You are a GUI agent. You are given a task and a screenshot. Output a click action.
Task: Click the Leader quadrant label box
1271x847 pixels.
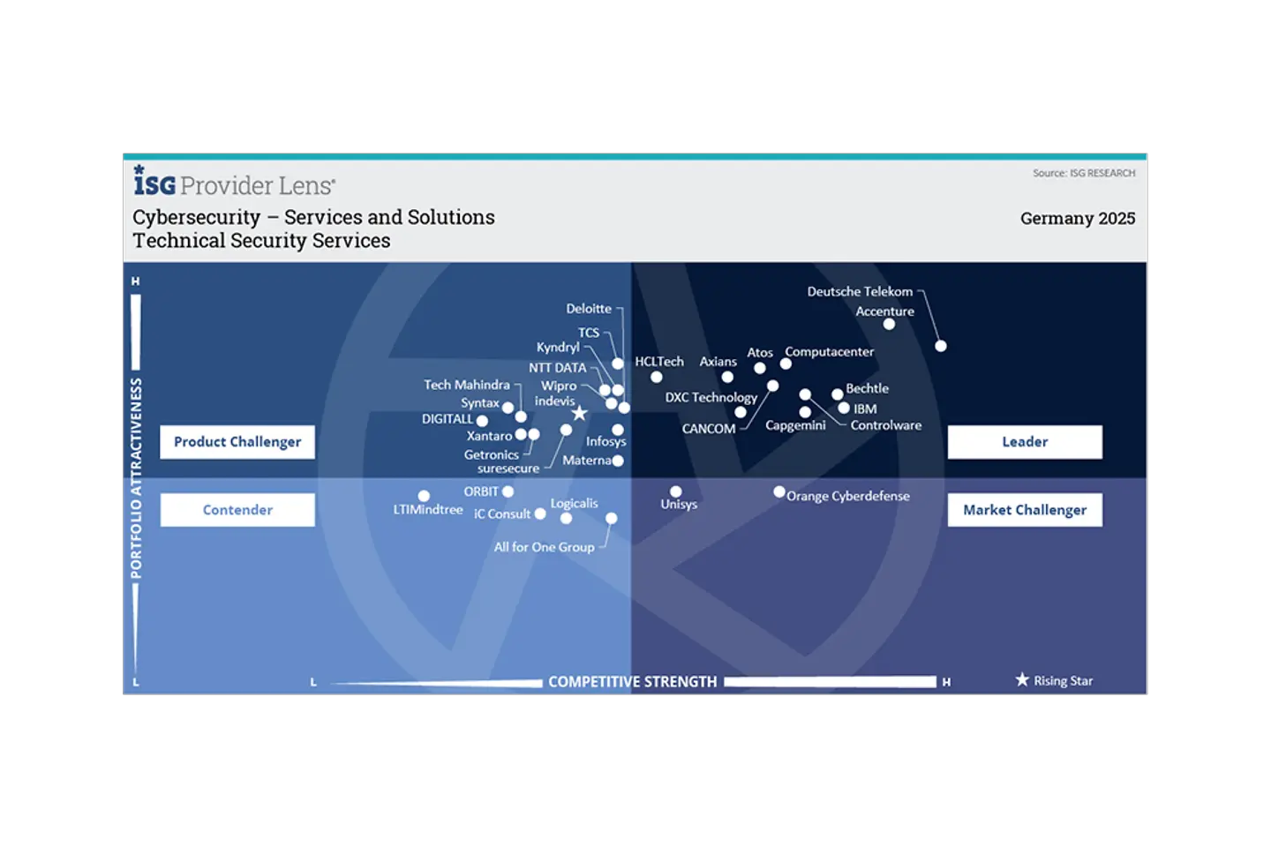1024,442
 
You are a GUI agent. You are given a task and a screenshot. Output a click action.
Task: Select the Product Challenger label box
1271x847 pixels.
237,442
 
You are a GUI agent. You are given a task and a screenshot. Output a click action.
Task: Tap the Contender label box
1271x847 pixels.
237,510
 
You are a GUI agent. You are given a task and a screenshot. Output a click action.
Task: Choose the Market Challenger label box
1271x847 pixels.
1024,510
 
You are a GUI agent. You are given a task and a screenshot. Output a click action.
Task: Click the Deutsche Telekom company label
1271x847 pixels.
860,291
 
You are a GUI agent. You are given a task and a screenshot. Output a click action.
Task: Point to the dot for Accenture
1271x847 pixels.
889,325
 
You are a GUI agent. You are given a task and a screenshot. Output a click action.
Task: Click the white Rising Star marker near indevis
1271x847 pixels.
579,413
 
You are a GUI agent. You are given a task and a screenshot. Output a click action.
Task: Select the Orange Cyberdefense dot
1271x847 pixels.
779,492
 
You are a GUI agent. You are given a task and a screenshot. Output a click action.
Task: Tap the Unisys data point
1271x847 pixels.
676,492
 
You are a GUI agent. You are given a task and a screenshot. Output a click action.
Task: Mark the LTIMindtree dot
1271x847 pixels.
424,496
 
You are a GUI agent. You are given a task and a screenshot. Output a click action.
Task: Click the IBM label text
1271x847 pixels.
865,409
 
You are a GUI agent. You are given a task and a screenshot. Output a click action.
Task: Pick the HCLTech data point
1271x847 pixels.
657,378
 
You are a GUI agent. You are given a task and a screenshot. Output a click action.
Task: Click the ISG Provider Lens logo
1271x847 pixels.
234,182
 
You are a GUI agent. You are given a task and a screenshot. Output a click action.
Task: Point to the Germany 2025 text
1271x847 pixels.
1077,219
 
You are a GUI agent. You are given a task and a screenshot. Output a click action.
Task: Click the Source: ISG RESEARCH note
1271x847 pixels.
1084,173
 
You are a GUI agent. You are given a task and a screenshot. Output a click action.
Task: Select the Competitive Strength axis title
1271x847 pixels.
632,682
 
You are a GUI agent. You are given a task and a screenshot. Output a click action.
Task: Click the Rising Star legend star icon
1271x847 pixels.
1022,679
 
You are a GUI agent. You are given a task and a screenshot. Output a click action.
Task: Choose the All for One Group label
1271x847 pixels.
544,547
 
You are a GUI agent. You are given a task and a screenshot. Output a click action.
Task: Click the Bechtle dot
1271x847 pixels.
837,394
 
